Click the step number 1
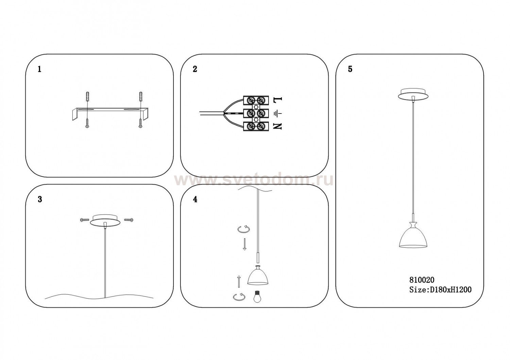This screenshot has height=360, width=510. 39,69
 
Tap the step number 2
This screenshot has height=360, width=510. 195,69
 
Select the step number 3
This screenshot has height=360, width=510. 40,200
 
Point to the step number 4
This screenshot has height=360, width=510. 195,200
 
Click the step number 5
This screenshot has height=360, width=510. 350,69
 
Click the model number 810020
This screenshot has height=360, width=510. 422,280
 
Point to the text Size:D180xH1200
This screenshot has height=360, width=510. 440,290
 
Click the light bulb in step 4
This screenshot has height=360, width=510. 257,297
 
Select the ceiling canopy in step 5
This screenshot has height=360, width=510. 413,94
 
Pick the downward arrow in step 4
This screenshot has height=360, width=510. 245,244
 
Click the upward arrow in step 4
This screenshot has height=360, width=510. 239,281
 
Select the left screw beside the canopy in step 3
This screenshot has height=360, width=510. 84,220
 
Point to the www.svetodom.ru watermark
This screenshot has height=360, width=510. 254,181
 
